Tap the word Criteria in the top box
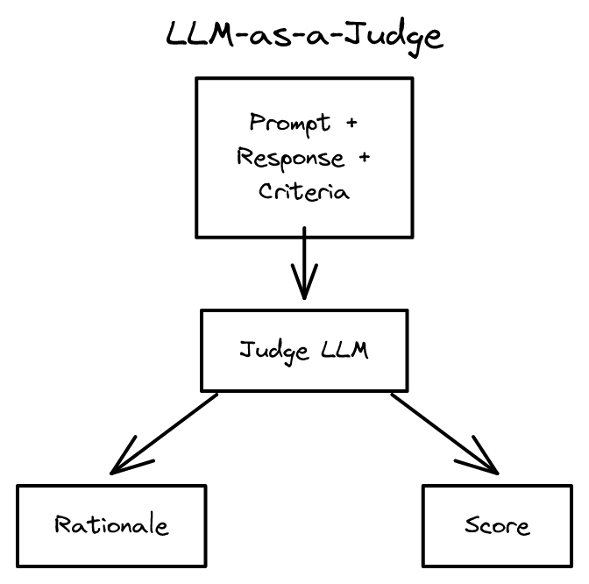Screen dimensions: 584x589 [303, 192]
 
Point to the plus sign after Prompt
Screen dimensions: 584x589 [351, 124]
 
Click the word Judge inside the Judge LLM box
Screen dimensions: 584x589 [273, 351]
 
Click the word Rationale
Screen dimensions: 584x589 [111, 525]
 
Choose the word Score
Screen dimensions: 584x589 [498, 525]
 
